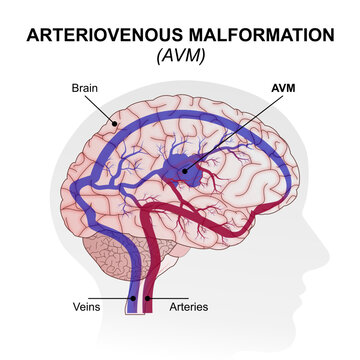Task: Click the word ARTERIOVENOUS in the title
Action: tap(96, 34)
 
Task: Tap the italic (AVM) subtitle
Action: tap(179, 55)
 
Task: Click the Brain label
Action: tap(84, 88)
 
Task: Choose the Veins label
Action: tap(87, 307)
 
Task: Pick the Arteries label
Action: tap(187, 307)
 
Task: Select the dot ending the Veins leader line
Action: tap(133, 297)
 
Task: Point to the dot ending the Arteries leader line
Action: tap(147, 297)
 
